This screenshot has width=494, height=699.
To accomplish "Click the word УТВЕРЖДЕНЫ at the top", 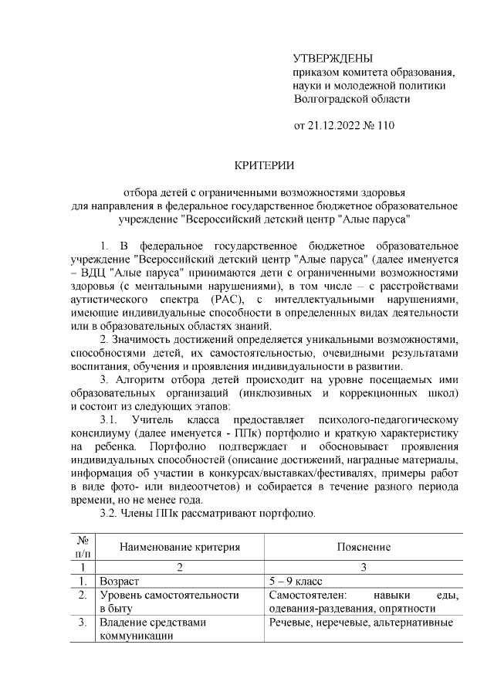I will tap(333, 59).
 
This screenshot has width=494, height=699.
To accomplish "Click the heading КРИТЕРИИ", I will tap(265, 165).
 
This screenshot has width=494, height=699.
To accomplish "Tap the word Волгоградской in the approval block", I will tap(333, 99).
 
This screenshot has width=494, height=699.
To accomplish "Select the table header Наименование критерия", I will tap(179, 547).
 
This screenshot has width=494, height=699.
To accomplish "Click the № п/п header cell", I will tap(81, 547).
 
